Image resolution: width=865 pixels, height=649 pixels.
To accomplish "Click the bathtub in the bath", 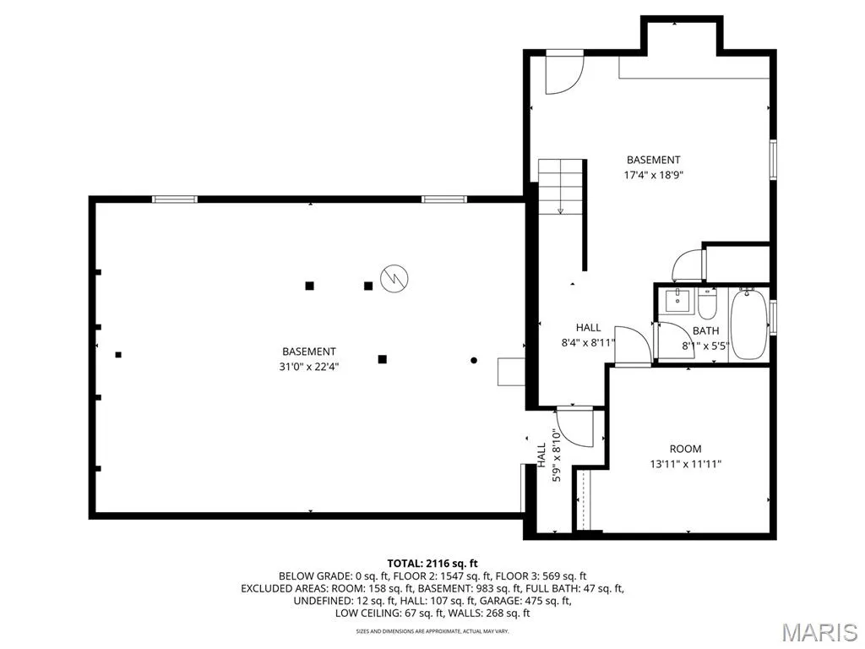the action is click(x=748, y=324).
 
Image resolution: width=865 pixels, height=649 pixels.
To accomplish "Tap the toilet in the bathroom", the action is click(x=707, y=304).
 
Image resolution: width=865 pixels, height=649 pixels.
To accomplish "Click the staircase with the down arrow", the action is click(x=561, y=187).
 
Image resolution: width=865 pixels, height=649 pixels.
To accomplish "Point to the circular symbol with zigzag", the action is click(x=394, y=277).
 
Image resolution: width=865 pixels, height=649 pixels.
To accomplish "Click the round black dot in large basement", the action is click(x=473, y=360).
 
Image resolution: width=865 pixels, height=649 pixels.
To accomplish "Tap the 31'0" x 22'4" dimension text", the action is click(x=308, y=367).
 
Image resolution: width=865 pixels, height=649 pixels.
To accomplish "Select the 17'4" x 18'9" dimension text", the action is click(x=653, y=176).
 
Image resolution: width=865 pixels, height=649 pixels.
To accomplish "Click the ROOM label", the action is click(x=686, y=449).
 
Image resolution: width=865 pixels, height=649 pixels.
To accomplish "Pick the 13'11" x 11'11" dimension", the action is click(x=686, y=464).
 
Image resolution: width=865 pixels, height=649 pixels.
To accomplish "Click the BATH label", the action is click(x=705, y=330).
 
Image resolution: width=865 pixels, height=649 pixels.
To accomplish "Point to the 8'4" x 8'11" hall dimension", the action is click(x=588, y=343).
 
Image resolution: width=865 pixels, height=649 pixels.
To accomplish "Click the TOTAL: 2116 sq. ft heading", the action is click(x=432, y=564).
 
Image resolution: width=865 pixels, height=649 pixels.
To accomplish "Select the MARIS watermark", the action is click(x=819, y=631).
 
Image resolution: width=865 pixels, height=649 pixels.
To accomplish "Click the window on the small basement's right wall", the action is click(x=774, y=160).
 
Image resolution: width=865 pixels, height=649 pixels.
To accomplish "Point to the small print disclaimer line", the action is click(x=432, y=630).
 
